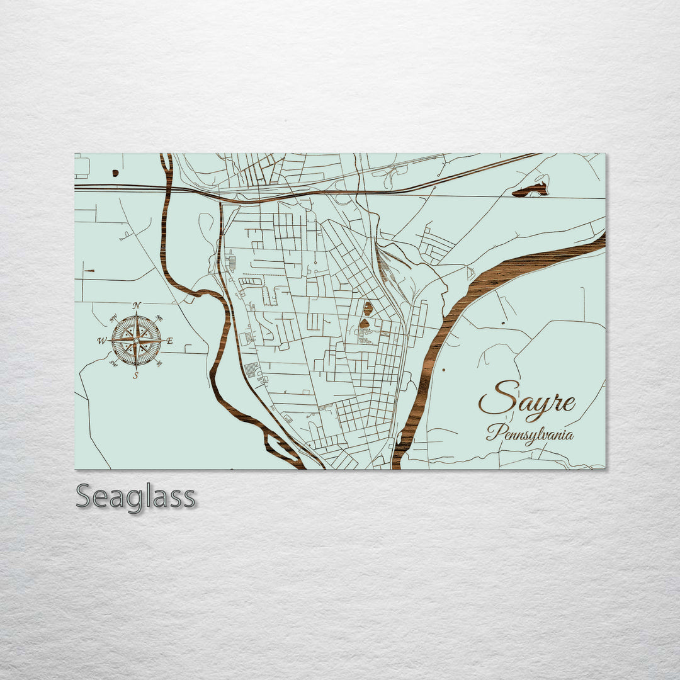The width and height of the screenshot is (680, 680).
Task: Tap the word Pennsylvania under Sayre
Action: pos(530,434)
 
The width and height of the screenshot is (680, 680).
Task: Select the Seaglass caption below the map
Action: pos(135,497)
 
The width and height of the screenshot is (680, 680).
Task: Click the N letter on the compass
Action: pos(137,305)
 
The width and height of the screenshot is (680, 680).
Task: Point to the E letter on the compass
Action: pos(169,341)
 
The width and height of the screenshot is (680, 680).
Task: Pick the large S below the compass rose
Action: pos(136,375)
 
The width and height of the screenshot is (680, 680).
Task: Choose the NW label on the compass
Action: pos(113,317)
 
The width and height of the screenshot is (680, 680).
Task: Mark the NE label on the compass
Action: pos(159,318)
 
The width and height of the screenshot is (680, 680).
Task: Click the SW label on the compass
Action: pos(113,363)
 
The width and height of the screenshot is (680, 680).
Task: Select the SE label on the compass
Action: pos(159,363)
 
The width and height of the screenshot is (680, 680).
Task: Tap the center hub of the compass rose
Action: pos(137,341)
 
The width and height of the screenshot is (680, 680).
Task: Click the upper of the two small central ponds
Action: pos(368,308)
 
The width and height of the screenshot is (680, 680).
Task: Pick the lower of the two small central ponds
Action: pos(364,324)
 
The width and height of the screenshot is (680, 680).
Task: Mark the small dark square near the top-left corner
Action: pos(115,173)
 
